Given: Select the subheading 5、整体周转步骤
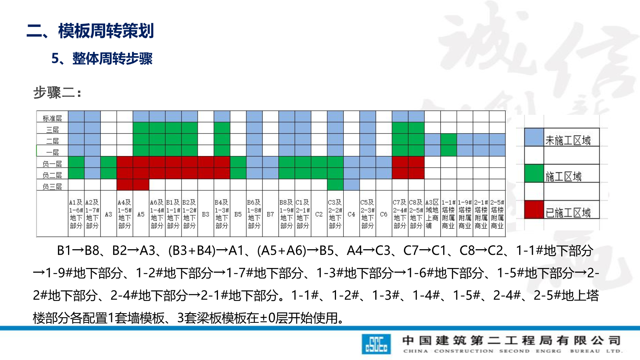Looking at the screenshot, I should (x=102, y=59).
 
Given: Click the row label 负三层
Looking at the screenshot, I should (x=52, y=186).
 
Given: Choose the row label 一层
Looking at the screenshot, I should (x=52, y=152).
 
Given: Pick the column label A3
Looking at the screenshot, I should (x=108, y=214).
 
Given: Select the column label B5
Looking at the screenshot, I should (x=238, y=214).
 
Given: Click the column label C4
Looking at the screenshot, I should (x=351, y=214).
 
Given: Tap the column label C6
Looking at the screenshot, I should (x=384, y=214).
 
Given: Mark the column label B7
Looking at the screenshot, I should (x=270, y=214).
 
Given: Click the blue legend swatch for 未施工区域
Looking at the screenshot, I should (x=534, y=137).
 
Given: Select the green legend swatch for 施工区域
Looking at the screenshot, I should (x=534, y=173).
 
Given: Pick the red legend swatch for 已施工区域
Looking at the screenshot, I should (x=534, y=209).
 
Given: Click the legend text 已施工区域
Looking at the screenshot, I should (x=568, y=212).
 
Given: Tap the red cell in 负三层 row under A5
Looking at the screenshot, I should (x=141, y=185).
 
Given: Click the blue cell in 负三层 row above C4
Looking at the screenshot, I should (x=351, y=185).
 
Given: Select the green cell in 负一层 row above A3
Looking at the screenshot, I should (x=108, y=162).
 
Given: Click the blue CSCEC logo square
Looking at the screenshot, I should (x=376, y=344).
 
